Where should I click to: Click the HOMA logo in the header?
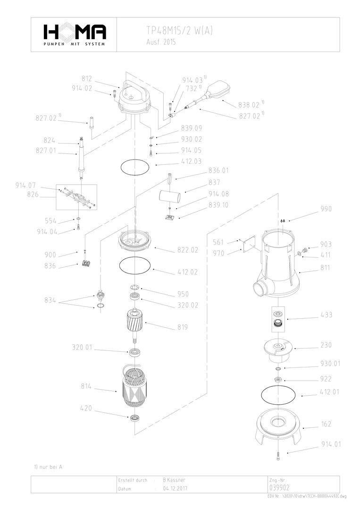point(75,34)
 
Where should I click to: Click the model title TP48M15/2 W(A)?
point(179,30)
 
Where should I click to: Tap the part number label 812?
point(86,78)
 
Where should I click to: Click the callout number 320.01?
point(82,348)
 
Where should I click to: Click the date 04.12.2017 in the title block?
point(175,489)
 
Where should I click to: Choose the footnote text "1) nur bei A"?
point(48,467)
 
